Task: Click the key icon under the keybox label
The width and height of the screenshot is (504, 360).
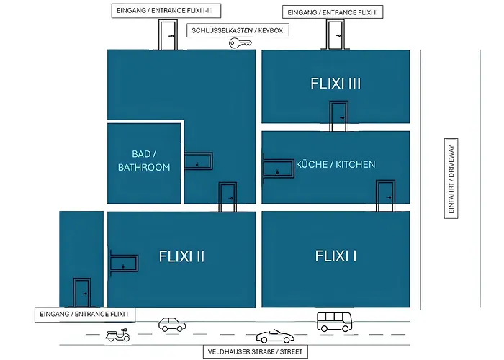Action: click(240, 43)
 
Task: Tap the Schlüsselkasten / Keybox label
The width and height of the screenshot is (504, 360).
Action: click(238, 30)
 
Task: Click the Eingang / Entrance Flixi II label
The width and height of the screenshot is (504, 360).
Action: click(333, 12)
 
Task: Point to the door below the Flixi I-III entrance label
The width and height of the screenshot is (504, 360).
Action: click(168, 35)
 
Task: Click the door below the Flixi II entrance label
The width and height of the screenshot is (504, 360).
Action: click(336, 35)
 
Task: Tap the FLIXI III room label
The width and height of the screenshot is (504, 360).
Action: click(336, 84)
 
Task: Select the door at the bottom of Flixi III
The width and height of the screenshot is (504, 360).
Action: click(339, 117)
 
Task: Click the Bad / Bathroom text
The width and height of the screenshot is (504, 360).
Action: click(144, 161)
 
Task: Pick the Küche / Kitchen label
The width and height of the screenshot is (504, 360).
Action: click(336, 165)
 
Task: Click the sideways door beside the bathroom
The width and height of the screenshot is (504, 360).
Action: click(198, 161)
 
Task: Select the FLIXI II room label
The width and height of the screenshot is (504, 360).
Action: click(181, 256)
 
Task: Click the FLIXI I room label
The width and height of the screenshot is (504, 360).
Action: click(336, 256)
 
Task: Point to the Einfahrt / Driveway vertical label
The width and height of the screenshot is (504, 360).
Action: click(451, 179)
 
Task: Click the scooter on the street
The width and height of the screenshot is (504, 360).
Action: click(117, 335)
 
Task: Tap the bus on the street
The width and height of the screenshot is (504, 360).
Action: click(335, 322)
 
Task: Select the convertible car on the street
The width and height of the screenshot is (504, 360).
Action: click(275, 336)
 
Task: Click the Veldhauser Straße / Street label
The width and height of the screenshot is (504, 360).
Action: click(255, 351)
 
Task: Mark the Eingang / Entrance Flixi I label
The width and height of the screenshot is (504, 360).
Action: click(84, 315)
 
